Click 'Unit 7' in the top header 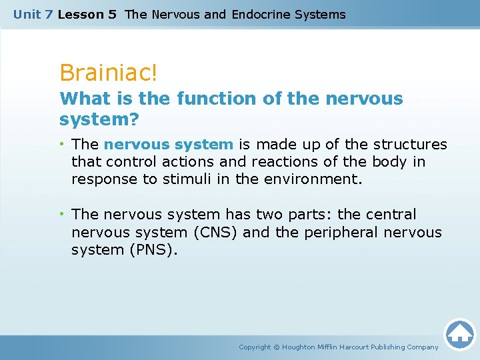[x=33, y=14]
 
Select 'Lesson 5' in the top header [x=87, y=14]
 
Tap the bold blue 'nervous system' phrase [x=169, y=144]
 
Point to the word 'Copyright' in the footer [x=255, y=347]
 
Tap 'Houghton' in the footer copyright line [x=304, y=347]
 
